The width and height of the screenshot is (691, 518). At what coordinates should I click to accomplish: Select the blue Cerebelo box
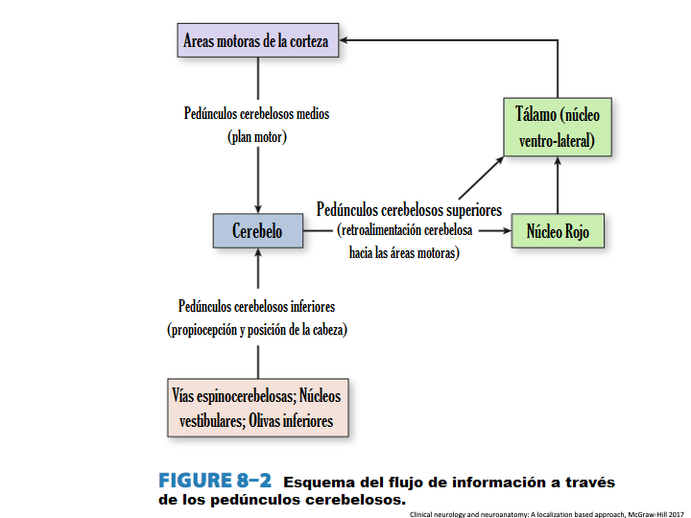tap(257, 231)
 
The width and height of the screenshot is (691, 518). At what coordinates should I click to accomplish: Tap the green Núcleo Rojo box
tap(558, 231)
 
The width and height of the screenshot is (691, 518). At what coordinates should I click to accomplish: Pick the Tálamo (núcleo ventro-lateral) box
tap(558, 128)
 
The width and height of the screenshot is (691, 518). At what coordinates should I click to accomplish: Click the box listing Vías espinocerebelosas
tap(256, 408)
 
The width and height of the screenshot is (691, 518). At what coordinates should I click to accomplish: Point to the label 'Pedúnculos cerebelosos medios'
tap(256, 113)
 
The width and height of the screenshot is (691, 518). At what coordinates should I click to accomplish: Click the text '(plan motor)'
tap(257, 136)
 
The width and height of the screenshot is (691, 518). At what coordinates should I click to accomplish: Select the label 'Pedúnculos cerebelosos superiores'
tap(409, 208)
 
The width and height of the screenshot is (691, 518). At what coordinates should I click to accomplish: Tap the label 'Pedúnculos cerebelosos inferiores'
tap(256, 306)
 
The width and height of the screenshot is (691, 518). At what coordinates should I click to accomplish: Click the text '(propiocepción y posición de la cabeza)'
tap(256, 329)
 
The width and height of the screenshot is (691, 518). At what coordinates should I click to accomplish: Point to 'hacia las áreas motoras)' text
tap(404, 253)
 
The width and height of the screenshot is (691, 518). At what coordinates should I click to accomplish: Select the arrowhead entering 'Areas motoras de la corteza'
tap(347, 41)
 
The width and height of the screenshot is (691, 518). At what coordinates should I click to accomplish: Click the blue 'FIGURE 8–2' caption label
tap(215, 481)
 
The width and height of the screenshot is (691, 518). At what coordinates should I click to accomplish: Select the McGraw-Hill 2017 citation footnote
tap(546, 513)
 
